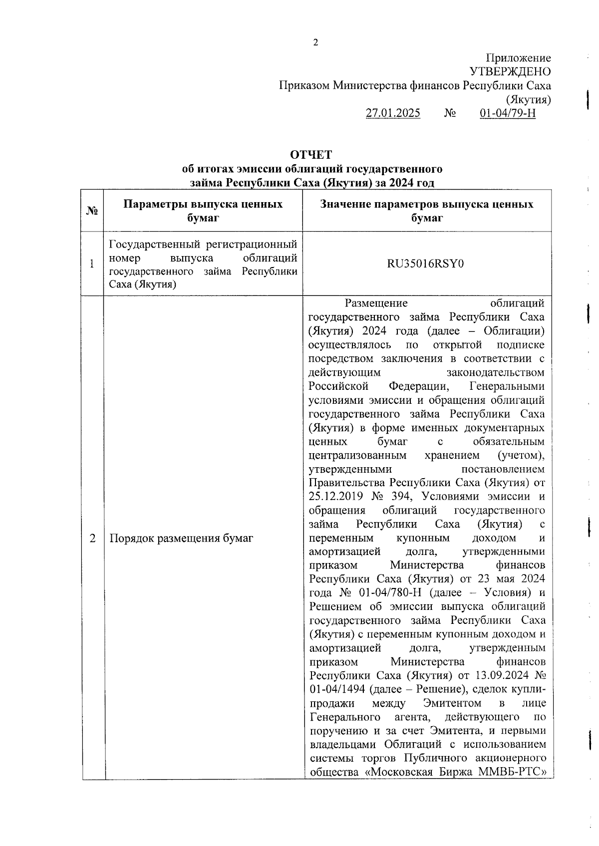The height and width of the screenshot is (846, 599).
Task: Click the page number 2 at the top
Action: pos(315,43)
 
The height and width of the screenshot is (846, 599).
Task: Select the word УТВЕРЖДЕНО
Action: pos(510,72)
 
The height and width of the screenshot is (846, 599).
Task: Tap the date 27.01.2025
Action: pos(393,113)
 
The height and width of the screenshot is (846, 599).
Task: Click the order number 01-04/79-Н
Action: pos(508,113)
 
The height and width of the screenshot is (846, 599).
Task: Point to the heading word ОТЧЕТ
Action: pos(311,155)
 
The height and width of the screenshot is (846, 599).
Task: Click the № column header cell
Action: pos(92,211)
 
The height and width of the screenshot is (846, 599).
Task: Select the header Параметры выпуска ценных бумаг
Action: pos(203,211)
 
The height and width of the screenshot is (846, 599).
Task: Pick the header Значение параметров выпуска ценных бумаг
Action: pos(427,211)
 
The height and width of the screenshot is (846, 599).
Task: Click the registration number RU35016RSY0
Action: pos(426,264)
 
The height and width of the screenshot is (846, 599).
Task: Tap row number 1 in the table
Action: pos(92,264)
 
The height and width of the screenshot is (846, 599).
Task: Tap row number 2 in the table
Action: pos(92,538)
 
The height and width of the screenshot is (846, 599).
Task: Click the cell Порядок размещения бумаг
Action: pos(181,538)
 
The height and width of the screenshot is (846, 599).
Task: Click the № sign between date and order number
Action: pos(450,113)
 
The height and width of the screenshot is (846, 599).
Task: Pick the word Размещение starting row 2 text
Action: pos(376,303)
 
